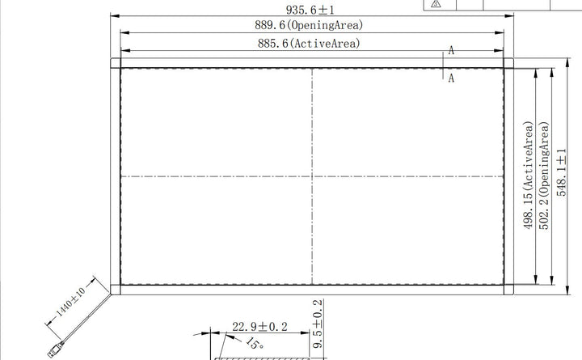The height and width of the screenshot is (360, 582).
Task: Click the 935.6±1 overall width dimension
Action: point(310,10)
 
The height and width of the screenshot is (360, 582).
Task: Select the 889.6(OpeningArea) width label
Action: point(309,25)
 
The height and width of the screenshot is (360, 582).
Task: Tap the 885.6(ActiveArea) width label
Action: point(309,44)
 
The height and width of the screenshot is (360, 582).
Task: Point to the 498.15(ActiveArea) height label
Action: point(528,175)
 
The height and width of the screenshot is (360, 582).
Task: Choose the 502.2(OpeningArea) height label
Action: point(544,176)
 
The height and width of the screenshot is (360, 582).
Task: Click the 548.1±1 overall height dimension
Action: point(562,172)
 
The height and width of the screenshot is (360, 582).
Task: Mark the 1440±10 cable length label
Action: point(70,302)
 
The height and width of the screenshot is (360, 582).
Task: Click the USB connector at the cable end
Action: point(56,349)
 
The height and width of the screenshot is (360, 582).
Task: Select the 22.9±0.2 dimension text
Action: point(259,327)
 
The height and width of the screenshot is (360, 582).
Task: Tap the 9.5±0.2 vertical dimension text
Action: point(318,324)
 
